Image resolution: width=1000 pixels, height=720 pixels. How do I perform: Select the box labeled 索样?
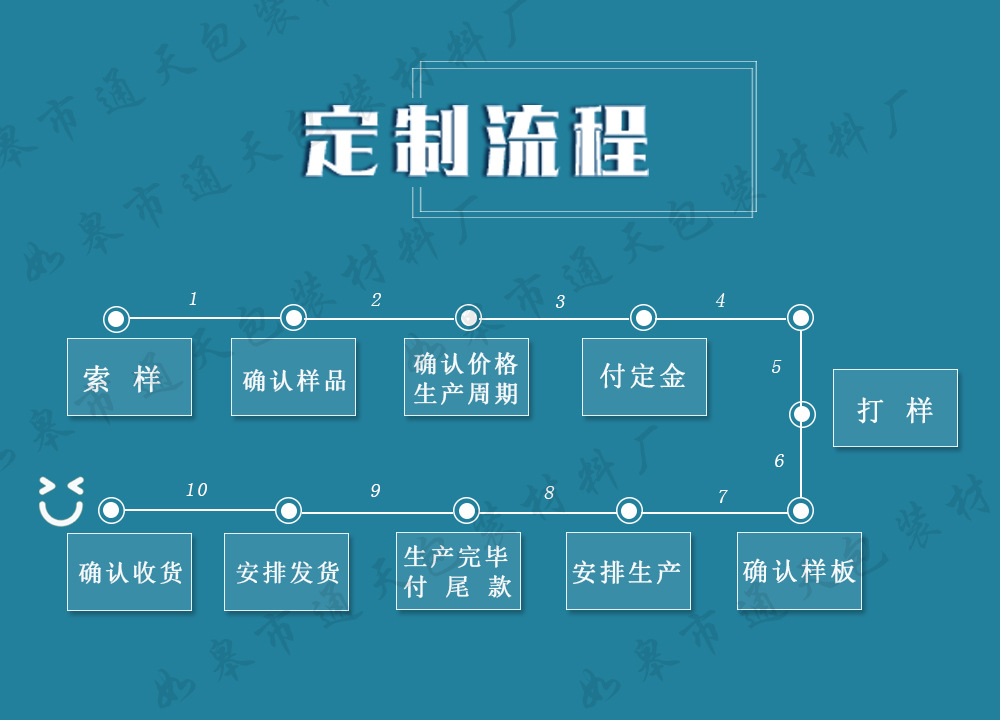[x=129, y=377]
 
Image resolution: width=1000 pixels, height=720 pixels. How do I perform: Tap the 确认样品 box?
[x=293, y=377]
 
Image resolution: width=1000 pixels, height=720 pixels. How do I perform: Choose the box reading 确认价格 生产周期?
[x=466, y=377]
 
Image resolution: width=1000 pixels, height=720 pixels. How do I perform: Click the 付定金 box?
[x=644, y=377]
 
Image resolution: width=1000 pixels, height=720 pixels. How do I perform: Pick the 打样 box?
[x=895, y=408]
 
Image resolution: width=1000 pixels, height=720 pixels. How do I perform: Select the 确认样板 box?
[x=799, y=571]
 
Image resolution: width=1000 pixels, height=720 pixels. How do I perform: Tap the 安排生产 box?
[x=628, y=571]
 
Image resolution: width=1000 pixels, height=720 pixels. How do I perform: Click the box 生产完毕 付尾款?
[x=458, y=571]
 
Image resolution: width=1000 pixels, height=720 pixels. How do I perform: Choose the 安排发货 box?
[x=286, y=571]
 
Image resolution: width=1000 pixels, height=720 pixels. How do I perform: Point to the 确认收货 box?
[x=129, y=571]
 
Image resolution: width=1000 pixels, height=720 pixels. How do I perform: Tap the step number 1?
[x=193, y=299]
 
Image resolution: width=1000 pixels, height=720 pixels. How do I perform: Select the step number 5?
[x=776, y=367]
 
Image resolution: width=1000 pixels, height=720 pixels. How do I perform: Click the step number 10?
[x=196, y=490]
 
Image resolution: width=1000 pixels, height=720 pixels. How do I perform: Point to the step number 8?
[x=549, y=493]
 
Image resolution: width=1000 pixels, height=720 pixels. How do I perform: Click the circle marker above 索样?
[x=116, y=319]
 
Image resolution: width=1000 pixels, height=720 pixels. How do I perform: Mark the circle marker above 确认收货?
[x=111, y=511]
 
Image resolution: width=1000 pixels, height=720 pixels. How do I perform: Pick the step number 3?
[x=560, y=302]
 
